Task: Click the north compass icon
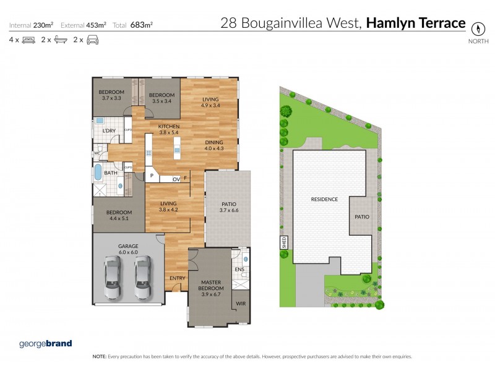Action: [477, 28]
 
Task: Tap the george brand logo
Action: [46, 343]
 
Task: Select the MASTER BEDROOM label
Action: [212, 285]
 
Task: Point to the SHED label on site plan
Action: [285, 241]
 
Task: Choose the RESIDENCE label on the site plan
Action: [324, 199]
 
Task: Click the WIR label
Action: [241, 304]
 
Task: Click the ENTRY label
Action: [178, 278]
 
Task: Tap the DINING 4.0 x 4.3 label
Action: [216, 145]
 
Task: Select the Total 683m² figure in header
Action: [132, 25]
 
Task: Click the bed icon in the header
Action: [28, 40]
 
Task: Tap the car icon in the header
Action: [92, 40]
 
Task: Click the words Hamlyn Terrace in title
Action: [415, 23]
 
